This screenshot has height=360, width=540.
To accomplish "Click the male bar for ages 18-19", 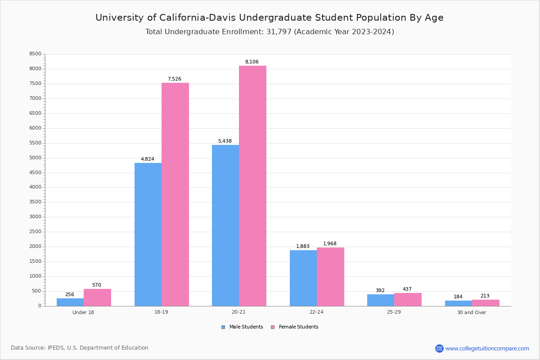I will [x=148, y=234].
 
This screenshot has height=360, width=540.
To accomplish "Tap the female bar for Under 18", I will [x=97, y=297].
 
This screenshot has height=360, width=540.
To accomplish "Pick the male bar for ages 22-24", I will [x=303, y=278].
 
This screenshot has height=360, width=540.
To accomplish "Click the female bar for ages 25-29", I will [x=408, y=299].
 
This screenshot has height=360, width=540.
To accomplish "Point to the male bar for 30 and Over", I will [x=459, y=303].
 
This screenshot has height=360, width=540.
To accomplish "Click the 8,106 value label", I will [x=252, y=62].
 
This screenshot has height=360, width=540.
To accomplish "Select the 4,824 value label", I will [x=148, y=159].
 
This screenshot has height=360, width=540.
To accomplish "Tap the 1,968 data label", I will [x=330, y=244].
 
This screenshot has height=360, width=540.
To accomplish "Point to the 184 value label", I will [x=458, y=297].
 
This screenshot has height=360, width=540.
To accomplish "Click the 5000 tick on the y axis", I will [x=35, y=158].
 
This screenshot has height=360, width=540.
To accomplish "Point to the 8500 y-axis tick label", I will [x=35, y=54].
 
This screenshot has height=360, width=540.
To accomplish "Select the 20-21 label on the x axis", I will [x=238, y=312].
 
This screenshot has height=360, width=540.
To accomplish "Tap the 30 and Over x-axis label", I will [x=472, y=312].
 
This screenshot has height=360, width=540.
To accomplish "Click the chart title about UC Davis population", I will [x=270, y=18].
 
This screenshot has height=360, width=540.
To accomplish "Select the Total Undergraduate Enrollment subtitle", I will [x=270, y=32].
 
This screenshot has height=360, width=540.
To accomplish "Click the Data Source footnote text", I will [x=80, y=348].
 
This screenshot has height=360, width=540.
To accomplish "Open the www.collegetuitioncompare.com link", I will [x=487, y=348].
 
